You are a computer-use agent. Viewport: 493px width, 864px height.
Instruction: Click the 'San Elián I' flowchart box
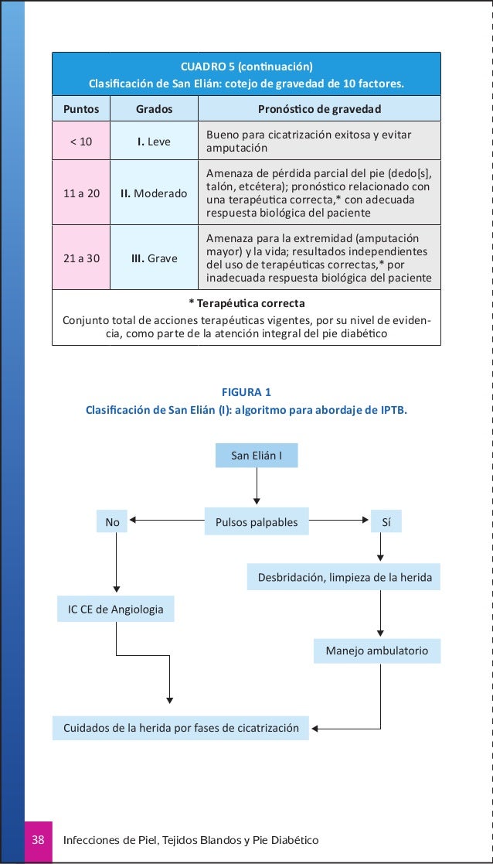tap(256, 456)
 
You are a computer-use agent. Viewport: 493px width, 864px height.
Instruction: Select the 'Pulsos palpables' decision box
tap(256, 522)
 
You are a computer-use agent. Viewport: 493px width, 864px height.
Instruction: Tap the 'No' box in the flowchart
tap(112, 522)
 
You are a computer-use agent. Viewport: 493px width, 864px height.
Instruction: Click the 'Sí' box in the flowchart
tap(386, 522)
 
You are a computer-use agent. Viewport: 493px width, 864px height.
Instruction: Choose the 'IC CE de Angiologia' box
tap(116, 610)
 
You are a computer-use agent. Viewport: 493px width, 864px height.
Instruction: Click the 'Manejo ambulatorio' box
tap(376, 651)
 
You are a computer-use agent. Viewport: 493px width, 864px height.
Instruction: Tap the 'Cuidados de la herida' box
tap(181, 728)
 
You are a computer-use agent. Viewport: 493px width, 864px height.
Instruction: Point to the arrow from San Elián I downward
tap(256, 487)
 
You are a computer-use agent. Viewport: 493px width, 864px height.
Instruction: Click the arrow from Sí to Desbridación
tap(380, 548)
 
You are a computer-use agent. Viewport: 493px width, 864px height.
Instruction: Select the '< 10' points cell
tap(80, 142)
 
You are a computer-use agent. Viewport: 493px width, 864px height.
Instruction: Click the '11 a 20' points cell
tap(80, 193)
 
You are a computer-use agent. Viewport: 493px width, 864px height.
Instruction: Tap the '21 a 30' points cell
tap(80, 258)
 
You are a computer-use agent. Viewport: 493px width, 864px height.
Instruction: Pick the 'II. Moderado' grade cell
tap(154, 193)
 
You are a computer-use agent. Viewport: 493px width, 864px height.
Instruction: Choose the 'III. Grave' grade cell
tap(154, 258)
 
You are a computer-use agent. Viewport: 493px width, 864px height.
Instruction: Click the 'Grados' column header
tap(154, 109)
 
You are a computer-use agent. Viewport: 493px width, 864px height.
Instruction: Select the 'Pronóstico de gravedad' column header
tap(319, 109)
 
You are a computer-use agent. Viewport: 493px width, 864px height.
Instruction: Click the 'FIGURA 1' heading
tap(246, 392)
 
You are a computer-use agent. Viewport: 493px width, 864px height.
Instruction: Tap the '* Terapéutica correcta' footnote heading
tap(246, 302)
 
